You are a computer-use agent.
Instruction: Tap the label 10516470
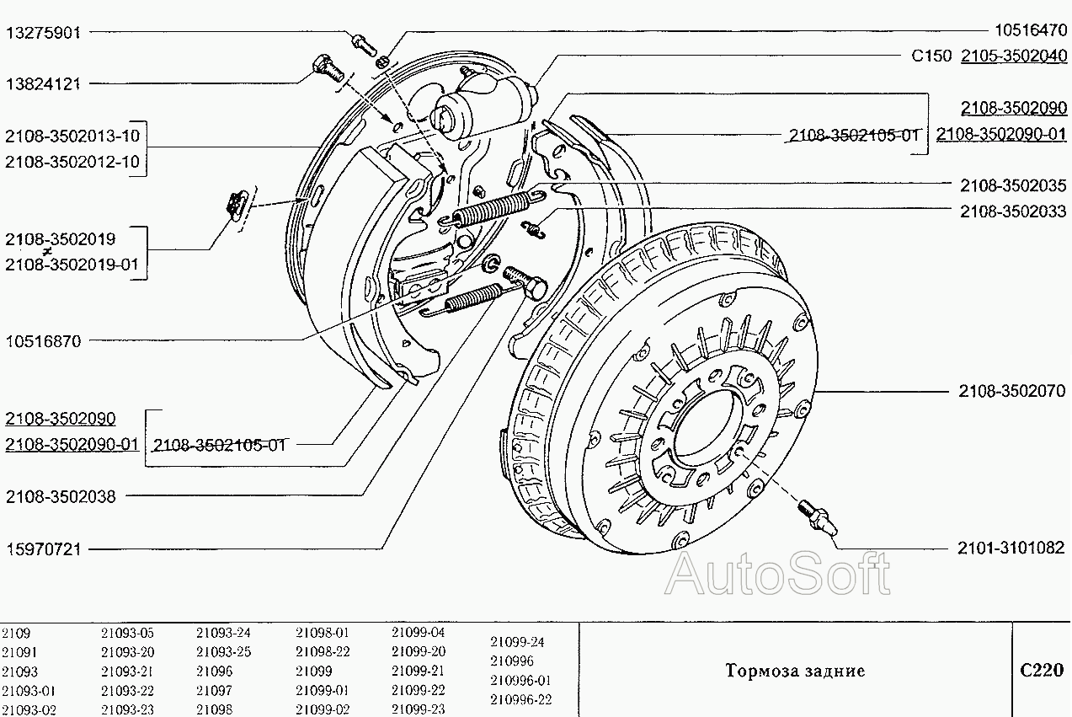1030,31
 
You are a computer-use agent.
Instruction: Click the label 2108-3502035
1013,185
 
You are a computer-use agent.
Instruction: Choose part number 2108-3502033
1013,211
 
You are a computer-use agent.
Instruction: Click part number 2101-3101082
1011,548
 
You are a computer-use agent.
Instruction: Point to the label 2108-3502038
61,496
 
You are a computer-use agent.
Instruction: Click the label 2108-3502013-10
72,136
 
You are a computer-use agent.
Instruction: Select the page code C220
1042,671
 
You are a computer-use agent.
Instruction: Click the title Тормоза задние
795,672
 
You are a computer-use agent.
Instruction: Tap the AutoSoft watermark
777,575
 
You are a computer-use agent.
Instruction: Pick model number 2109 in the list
15,633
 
